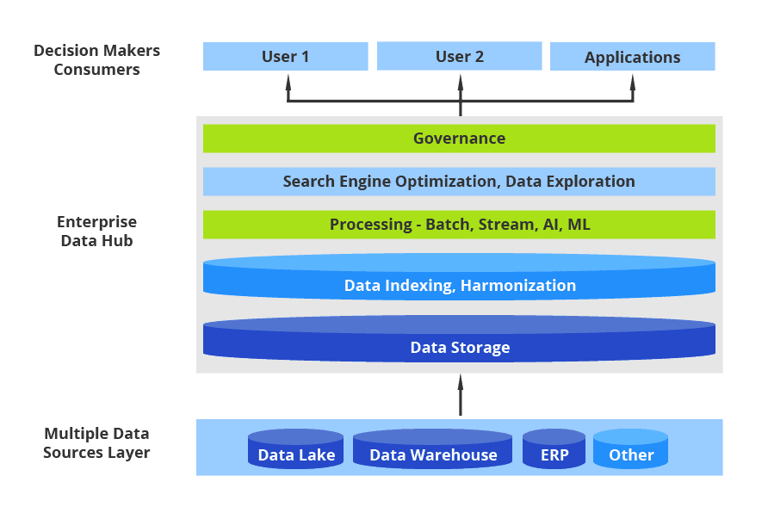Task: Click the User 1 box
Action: (285, 57)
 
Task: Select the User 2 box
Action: (460, 57)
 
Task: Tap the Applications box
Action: (632, 57)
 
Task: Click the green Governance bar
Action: (459, 139)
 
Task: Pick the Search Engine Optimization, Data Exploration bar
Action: (459, 182)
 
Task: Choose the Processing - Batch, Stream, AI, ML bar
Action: (459, 225)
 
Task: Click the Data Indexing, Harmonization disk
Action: (459, 278)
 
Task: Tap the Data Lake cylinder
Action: (296, 450)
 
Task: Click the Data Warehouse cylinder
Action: (432, 450)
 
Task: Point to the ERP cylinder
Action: (554, 450)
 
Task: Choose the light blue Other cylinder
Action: (630, 450)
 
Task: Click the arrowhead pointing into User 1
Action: (288, 83)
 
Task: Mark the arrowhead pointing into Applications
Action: (633, 83)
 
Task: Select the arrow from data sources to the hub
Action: (461, 396)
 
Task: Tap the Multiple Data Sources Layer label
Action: (96, 442)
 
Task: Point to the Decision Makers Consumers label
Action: (96, 60)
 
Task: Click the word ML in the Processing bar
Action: (579, 225)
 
